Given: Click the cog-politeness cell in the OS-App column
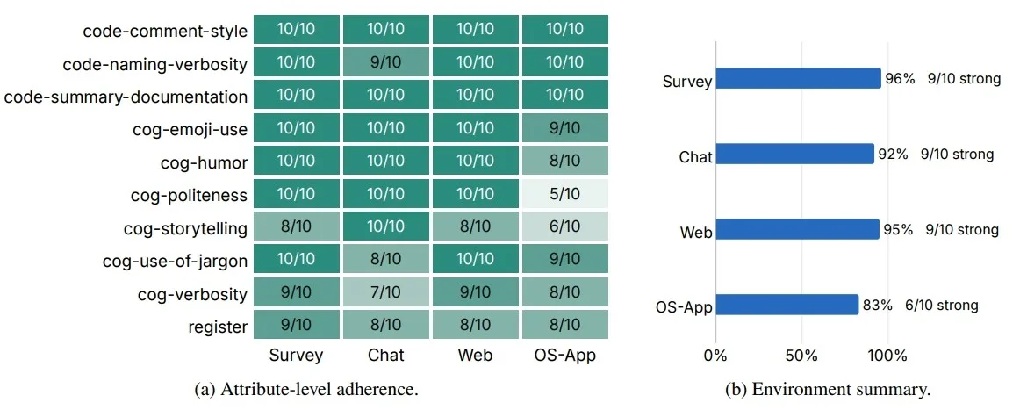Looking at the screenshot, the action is click(x=564, y=194).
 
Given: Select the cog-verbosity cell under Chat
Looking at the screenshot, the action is click(x=386, y=292).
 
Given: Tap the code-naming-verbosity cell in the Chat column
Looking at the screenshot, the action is click(x=386, y=62).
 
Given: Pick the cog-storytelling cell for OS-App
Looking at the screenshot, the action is click(x=564, y=226).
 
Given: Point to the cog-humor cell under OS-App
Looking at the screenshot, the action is click(x=564, y=161).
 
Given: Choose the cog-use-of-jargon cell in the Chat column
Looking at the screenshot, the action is click(x=386, y=260).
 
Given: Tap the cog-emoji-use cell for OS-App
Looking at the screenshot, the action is click(x=564, y=128).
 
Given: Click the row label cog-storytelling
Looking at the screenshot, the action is click(x=185, y=229).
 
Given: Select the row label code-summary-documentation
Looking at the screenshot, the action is click(x=126, y=97).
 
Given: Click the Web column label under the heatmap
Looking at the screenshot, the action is click(x=475, y=356).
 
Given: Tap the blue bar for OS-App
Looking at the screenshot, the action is click(x=787, y=305).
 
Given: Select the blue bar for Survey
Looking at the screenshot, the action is click(x=799, y=78).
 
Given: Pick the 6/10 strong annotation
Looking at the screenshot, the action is click(x=944, y=306).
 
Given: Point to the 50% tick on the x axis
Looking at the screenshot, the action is click(x=801, y=356).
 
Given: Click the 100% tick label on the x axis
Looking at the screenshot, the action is click(x=887, y=356).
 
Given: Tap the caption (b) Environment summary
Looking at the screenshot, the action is click(x=828, y=391).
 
